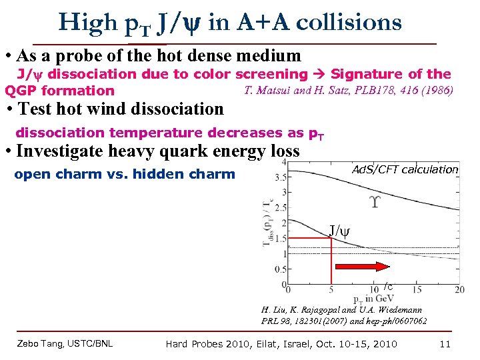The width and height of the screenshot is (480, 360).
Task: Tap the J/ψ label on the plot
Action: [339, 231]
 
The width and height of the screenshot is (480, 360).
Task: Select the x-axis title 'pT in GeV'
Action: [374, 299]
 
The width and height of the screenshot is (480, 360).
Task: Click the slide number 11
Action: [445, 344]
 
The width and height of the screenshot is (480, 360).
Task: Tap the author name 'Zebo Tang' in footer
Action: [42, 344]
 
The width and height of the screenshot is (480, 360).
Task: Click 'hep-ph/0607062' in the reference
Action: [397, 321]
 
